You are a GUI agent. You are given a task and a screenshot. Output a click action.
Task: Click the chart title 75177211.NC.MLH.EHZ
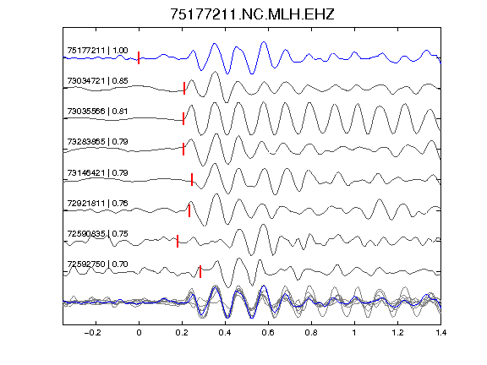tap(252, 14)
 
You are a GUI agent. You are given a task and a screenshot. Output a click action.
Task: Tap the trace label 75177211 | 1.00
tap(97, 51)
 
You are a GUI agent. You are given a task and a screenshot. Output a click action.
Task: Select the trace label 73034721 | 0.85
tap(97, 81)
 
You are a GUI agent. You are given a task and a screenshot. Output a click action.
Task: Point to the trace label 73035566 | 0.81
tap(97, 112)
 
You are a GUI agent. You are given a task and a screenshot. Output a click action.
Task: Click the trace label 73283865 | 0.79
tap(97, 142)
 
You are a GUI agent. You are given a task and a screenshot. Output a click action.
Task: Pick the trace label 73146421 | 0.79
tap(97, 172)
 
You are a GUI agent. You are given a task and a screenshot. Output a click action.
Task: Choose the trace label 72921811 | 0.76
tap(97, 204)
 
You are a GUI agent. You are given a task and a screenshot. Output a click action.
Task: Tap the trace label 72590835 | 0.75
tap(97, 233)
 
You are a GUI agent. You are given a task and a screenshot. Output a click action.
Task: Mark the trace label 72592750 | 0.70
tap(97, 264)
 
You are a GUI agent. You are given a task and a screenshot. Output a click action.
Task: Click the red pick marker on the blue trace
tap(139, 57)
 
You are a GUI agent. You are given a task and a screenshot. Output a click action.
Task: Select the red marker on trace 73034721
tap(184, 88)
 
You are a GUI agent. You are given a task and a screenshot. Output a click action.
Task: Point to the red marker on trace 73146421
tap(192, 179)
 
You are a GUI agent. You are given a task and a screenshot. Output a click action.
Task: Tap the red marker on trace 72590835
tap(178, 241)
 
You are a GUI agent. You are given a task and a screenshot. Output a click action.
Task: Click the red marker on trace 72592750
tap(200, 271)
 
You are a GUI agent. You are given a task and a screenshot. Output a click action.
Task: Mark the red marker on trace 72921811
tap(189, 210)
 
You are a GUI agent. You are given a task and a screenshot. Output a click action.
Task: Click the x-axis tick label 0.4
tap(225, 333)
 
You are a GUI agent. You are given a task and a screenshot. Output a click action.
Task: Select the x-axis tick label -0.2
tap(93, 333)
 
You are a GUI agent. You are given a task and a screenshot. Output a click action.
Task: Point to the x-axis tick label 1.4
tap(441, 333)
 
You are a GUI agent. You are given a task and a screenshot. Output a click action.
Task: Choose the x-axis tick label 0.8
tap(311, 333)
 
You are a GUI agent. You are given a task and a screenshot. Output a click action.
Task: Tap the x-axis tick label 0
tap(139, 333)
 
